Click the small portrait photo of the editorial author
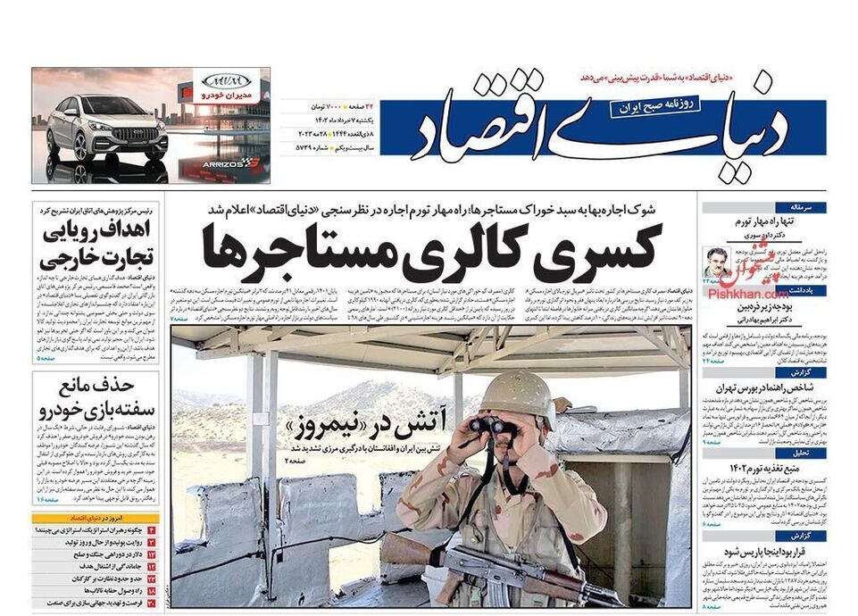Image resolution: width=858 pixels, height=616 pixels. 717,262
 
